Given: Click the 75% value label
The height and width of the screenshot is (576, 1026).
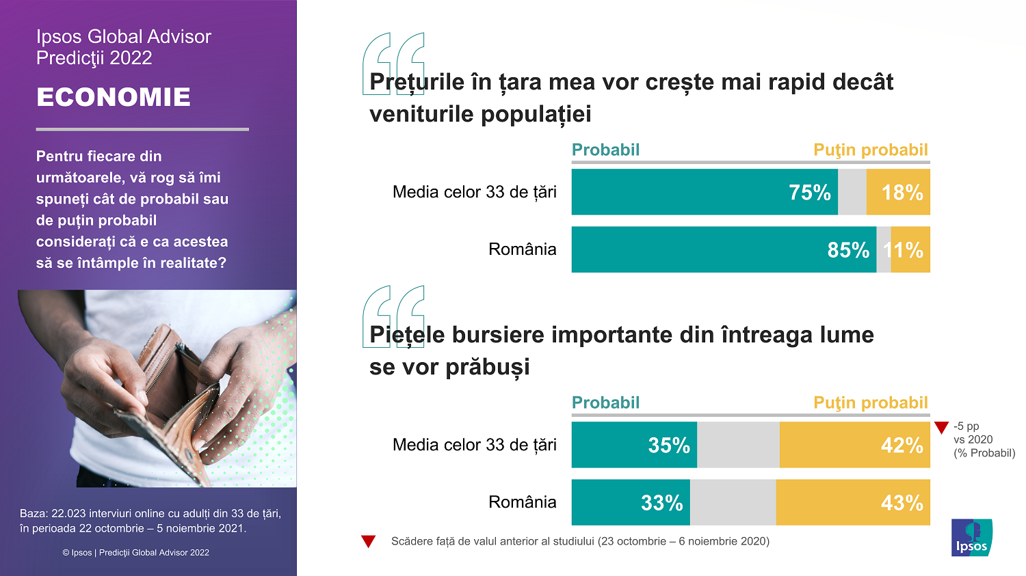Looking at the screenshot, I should pyautogui.click(x=809, y=193).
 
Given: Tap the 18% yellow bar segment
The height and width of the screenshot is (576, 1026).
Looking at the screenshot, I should pyautogui.click(x=898, y=193).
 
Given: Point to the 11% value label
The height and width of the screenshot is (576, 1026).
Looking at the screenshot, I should pyautogui.click(x=904, y=250).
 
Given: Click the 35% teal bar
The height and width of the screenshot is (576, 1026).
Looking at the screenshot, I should pyautogui.click(x=634, y=445).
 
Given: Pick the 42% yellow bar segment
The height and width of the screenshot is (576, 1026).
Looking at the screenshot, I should pyautogui.click(x=854, y=445).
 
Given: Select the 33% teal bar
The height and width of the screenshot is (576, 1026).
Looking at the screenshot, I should pyautogui.click(x=631, y=502).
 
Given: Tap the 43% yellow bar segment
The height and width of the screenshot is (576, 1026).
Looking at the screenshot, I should pyautogui.click(x=853, y=502).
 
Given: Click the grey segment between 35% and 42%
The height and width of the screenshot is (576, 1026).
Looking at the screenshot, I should pyautogui.click(x=738, y=445).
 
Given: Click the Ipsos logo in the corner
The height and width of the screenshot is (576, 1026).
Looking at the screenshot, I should pyautogui.click(x=971, y=538).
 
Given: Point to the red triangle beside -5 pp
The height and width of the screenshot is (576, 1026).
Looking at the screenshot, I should pyautogui.click(x=941, y=428).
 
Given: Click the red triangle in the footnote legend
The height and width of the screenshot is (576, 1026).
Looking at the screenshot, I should pyautogui.click(x=369, y=542).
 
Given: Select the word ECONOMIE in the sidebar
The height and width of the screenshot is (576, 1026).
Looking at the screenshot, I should pyautogui.click(x=114, y=97).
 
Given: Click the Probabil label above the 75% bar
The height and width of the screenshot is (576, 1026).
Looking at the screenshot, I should pyautogui.click(x=605, y=150).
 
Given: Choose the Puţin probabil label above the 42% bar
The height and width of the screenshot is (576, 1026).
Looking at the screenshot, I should pyautogui.click(x=870, y=402).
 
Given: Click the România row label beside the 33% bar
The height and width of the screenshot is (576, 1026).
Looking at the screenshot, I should pyautogui.click(x=522, y=502).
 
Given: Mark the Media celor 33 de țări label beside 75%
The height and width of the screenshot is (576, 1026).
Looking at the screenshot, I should pyautogui.click(x=474, y=192).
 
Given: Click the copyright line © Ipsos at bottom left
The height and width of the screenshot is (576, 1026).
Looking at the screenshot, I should pyautogui.click(x=135, y=552).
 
